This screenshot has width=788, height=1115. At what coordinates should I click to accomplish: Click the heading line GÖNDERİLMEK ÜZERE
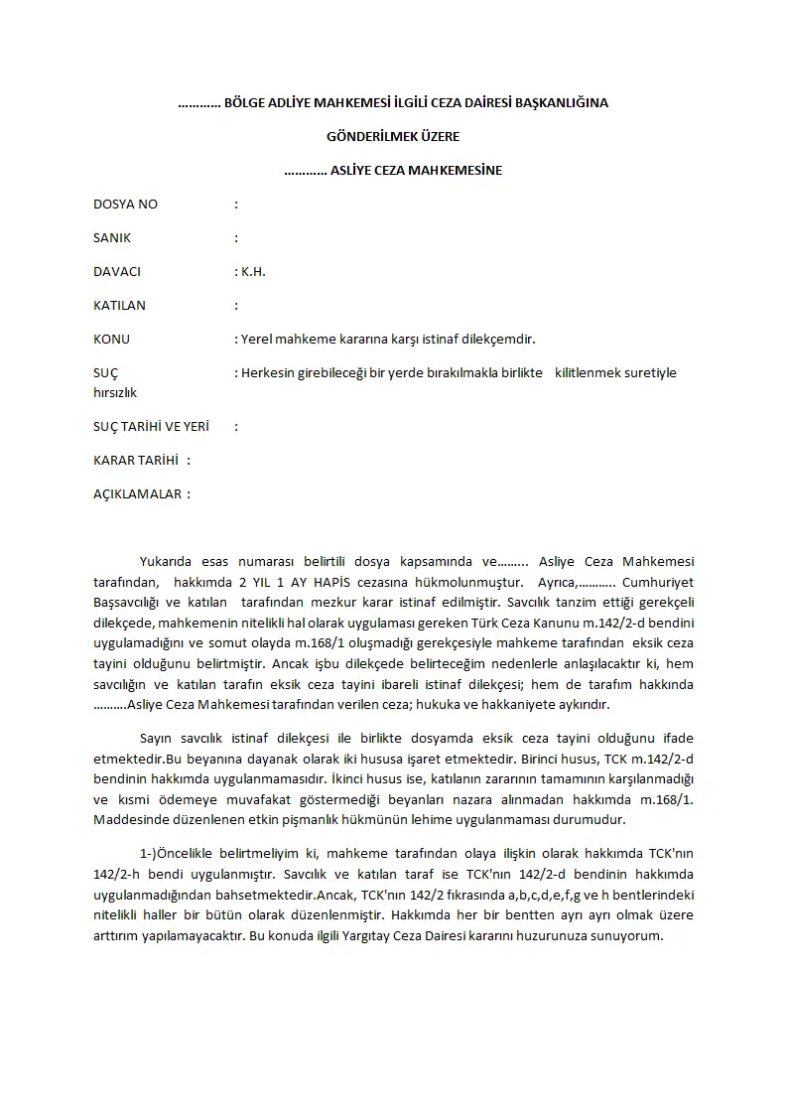click(393, 136)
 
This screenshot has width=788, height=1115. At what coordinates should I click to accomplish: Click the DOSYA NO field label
click(125, 205)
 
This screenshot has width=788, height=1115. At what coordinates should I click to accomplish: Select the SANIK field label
click(112, 238)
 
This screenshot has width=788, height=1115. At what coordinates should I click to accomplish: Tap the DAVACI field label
click(117, 272)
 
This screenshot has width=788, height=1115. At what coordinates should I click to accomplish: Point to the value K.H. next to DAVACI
click(253, 272)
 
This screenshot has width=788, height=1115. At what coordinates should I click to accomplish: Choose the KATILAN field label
click(119, 306)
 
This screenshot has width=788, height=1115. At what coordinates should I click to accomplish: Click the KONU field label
click(111, 340)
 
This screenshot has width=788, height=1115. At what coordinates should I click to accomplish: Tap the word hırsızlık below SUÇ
click(115, 393)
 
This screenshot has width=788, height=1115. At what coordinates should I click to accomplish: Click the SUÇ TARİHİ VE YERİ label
click(151, 427)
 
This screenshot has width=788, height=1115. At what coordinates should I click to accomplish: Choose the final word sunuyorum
click(629, 937)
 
